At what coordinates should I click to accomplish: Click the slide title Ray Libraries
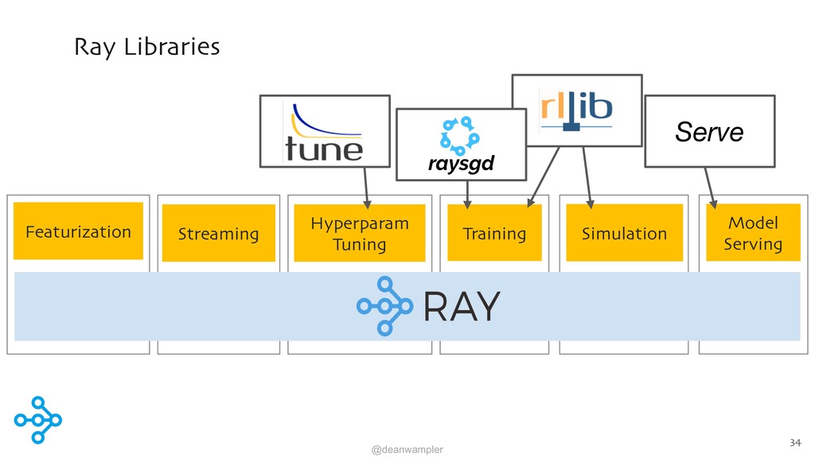coord(147,47)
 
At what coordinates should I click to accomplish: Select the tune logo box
coord(325,131)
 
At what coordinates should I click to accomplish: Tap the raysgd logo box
coord(461,145)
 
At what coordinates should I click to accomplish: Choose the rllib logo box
coord(577,111)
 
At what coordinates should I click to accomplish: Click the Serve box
coord(710,131)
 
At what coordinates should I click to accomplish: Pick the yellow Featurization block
coord(79,231)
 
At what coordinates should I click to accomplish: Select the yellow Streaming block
coord(219,233)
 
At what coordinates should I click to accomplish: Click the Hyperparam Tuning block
coord(360,233)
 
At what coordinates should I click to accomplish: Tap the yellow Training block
coord(495,232)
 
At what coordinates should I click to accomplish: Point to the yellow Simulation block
coord(624,233)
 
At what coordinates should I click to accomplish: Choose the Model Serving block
coord(753,232)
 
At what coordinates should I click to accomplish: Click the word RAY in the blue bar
coord(462,306)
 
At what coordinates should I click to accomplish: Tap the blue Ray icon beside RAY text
coord(384,306)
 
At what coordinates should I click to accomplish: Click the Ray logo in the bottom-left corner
coord(38,420)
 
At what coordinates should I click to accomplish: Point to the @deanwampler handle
coord(407,449)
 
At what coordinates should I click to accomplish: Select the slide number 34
coord(795,442)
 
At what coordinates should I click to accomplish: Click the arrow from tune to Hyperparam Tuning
coord(366,188)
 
